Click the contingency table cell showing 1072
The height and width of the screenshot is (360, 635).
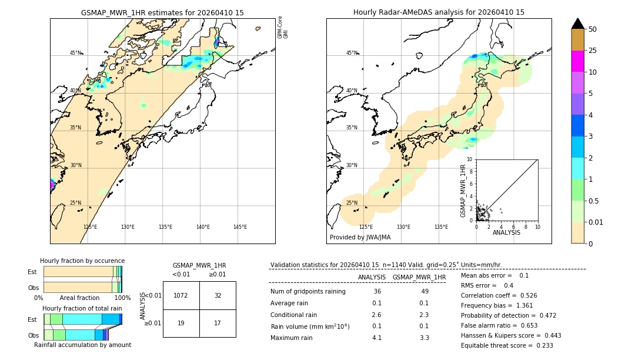click(181, 295)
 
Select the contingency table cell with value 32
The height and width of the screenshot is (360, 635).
click(218, 295)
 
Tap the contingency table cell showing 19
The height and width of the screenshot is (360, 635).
click(181, 323)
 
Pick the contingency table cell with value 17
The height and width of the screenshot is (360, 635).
click(218, 323)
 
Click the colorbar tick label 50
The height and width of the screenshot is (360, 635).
click(593, 29)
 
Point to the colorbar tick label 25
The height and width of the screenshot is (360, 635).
click(593, 51)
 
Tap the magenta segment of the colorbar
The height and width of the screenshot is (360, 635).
click(578, 61)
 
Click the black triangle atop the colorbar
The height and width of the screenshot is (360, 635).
click(578, 24)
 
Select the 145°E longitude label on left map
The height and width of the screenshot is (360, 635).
click(240, 227)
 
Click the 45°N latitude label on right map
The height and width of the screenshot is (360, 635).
click(351, 53)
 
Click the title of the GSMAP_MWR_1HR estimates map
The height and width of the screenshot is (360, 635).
click(162, 12)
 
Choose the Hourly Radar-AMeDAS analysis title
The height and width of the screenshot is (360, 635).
click(439, 12)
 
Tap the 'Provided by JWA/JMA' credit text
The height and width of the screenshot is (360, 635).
click(360, 238)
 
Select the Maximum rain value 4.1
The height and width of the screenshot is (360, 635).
click(377, 338)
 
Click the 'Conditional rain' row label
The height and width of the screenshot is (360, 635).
click(293, 315)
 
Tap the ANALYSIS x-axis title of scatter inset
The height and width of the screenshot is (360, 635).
click(506, 232)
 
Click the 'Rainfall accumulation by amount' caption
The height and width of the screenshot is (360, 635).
click(82, 345)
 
